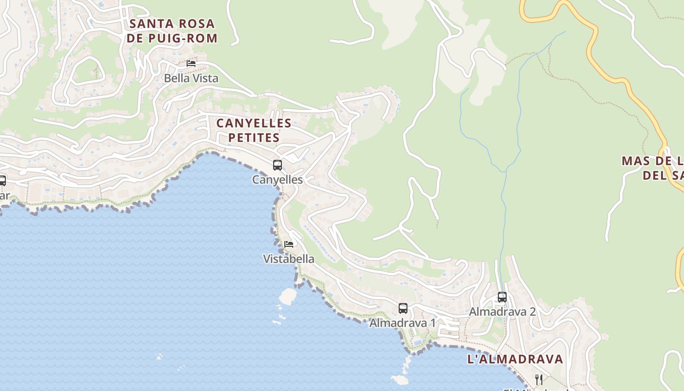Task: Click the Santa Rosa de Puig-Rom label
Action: pos(172,31)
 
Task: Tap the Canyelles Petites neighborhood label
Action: pos(254,130)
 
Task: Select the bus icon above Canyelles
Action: pos(278,165)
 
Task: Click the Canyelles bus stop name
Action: pos(278,180)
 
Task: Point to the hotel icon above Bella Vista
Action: pos(191,64)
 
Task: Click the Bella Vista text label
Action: pos(191,78)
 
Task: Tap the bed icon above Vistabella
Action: pos(289,244)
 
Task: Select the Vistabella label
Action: pos(289,259)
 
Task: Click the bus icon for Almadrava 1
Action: pos(403,308)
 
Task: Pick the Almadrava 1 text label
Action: pos(403,323)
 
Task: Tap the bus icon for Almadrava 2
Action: pos(502,297)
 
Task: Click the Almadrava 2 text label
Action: pos(502,312)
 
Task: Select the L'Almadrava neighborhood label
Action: pos(515,359)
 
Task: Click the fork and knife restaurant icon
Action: pos(539,379)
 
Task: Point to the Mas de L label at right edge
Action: pos(653,168)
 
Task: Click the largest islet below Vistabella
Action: pos(288,296)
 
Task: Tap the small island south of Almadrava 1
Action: pos(400,379)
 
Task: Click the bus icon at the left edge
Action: pos(2,181)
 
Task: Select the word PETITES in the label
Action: pos(254,138)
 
